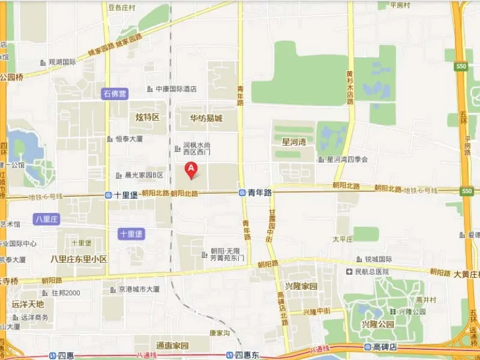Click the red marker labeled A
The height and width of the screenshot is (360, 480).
pos(191,170)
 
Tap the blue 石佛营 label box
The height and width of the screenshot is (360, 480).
pos(115,94)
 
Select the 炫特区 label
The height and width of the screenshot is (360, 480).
pos(147,117)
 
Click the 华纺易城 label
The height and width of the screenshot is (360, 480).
pos(206,118)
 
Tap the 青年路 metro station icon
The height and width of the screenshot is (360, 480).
pos(241,193)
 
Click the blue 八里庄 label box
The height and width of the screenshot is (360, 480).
pos(46,220)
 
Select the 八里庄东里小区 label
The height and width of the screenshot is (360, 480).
pos(79,259)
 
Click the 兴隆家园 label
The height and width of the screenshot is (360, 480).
pos(301,286)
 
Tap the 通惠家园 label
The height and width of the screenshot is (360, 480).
pos(172,346)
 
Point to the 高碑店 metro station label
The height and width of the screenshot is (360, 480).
pos(384,348)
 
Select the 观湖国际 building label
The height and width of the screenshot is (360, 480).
pos(62,62)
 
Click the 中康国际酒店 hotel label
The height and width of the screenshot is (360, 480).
pos(176,89)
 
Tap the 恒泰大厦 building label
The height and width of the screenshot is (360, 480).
pos(128,139)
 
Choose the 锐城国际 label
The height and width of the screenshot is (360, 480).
pos(378,259)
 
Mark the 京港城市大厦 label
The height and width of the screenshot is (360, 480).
pos(139,289)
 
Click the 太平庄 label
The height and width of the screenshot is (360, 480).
pos(343,238)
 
